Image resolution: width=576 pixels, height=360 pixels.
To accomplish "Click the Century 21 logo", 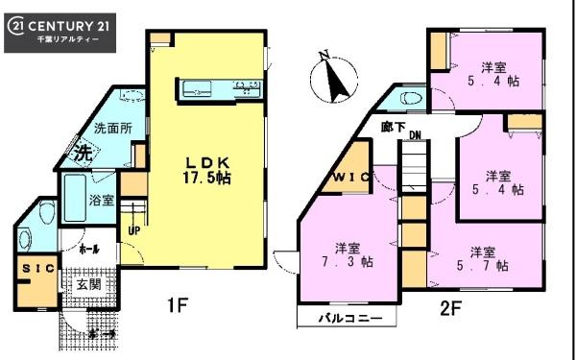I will coord(60,31).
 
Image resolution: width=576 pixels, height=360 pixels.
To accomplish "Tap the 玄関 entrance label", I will coord(89,284).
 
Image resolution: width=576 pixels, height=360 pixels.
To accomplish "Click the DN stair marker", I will coord(415,136).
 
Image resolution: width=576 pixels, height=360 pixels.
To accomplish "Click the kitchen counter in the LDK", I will coord(219,90).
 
